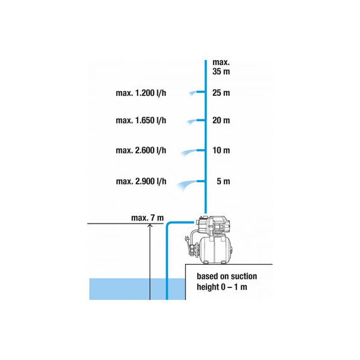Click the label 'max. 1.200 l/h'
[x=141, y=93]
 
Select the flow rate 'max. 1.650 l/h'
[x=141, y=120]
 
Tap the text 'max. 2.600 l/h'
[x=141, y=150]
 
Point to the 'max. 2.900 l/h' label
[x=141, y=181]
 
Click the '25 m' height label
[x=221, y=93]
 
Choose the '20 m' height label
[x=221, y=120]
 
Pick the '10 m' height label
[x=221, y=150]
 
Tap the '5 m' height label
[x=223, y=181]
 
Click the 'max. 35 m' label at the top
[x=221, y=67]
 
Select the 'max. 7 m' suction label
[x=147, y=218]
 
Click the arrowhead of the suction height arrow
[x=150, y=225]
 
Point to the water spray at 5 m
[x=186, y=185]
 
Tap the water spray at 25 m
[x=193, y=93]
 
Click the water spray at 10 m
[x=188, y=153]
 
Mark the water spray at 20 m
[x=191, y=121]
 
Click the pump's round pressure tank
[x=215, y=250]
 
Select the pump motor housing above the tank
[x=214, y=225]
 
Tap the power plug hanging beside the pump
[x=187, y=239]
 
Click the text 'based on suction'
[x=227, y=276]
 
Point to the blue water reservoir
[x=137, y=289]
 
